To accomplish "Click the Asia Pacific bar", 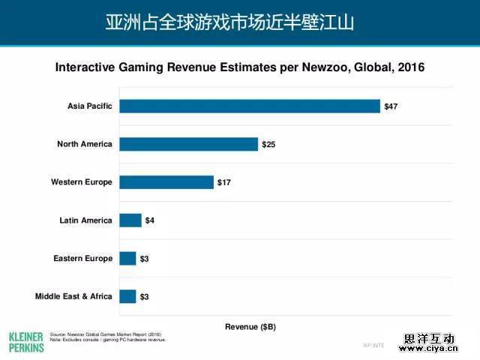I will point(249,106).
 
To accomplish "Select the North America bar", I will point(188,144).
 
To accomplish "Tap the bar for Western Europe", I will point(166,182).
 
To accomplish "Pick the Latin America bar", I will point(130,220).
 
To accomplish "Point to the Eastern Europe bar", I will point(127,259).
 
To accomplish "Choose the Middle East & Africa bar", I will point(127,296).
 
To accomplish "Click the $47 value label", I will point(391,106).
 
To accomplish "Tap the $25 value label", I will point(268,144).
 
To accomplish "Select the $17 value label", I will point(224,182).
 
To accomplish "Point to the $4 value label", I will point(149,220).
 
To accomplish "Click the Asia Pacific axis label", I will point(89,106).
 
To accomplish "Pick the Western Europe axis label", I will point(81,182).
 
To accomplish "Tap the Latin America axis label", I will point(85,220).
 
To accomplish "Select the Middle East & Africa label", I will point(73,296).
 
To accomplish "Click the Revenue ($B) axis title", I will point(250,327).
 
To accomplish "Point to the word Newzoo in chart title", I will point(299,67).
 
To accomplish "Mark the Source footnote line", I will point(105,334).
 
